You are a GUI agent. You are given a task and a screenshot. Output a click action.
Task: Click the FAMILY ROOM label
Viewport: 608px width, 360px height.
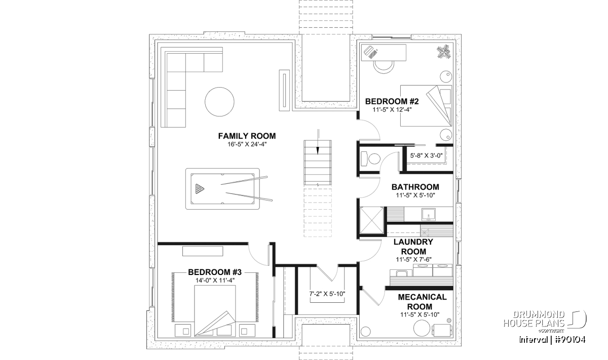[247, 136]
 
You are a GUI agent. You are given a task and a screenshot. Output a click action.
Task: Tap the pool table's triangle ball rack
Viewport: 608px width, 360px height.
[200, 189]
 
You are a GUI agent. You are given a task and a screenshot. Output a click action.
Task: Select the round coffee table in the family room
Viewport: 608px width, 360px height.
[219, 102]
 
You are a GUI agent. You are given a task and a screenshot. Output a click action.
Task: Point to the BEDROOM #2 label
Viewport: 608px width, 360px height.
[392, 101]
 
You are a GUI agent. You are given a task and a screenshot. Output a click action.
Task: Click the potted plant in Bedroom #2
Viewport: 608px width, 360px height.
[443, 52]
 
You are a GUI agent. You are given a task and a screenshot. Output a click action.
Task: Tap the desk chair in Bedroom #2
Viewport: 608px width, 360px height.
[384, 67]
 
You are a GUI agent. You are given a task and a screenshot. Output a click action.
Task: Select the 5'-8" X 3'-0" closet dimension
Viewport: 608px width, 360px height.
[426, 156]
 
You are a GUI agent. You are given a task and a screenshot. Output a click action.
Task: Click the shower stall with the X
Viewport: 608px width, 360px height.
[371, 220]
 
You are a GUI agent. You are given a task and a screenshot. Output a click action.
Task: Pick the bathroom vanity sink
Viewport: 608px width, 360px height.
[428, 215]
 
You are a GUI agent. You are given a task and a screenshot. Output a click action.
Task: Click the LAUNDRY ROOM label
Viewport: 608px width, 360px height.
[413, 247]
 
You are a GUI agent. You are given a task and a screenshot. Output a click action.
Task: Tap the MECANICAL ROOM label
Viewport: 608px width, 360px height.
[422, 302]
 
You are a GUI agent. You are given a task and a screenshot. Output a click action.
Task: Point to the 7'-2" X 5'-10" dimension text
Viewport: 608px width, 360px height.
[327, 294]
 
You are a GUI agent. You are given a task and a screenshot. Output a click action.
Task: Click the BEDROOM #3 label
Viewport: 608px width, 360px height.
[215, 272]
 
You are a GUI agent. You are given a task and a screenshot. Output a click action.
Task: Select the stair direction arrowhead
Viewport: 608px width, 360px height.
[318, 151]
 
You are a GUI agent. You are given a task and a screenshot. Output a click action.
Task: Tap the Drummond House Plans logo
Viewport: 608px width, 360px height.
[545, 322]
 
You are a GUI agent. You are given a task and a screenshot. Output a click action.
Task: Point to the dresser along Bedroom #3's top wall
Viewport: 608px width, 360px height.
[203, 251]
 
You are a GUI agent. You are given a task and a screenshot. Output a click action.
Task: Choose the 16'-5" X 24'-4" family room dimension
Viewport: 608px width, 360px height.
[247, 144]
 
